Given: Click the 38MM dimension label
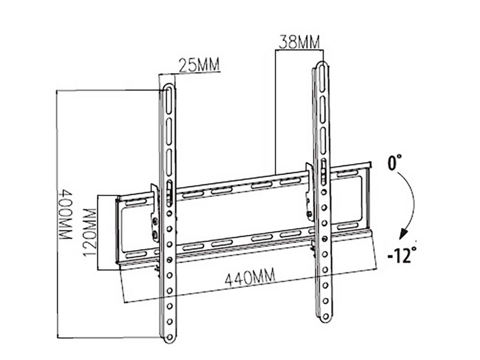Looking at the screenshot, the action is pyautogui.click(x=299, y=42).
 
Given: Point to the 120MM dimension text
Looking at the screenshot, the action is pyautogui.click(x=90, y=228).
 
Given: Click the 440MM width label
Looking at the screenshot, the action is pyautogui.click(x=250, y=277).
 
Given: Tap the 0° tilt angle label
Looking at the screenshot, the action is pyautogui.click(x=395, y=162).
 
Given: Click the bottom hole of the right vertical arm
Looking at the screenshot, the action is pyautogui.click(x=326, y=316).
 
